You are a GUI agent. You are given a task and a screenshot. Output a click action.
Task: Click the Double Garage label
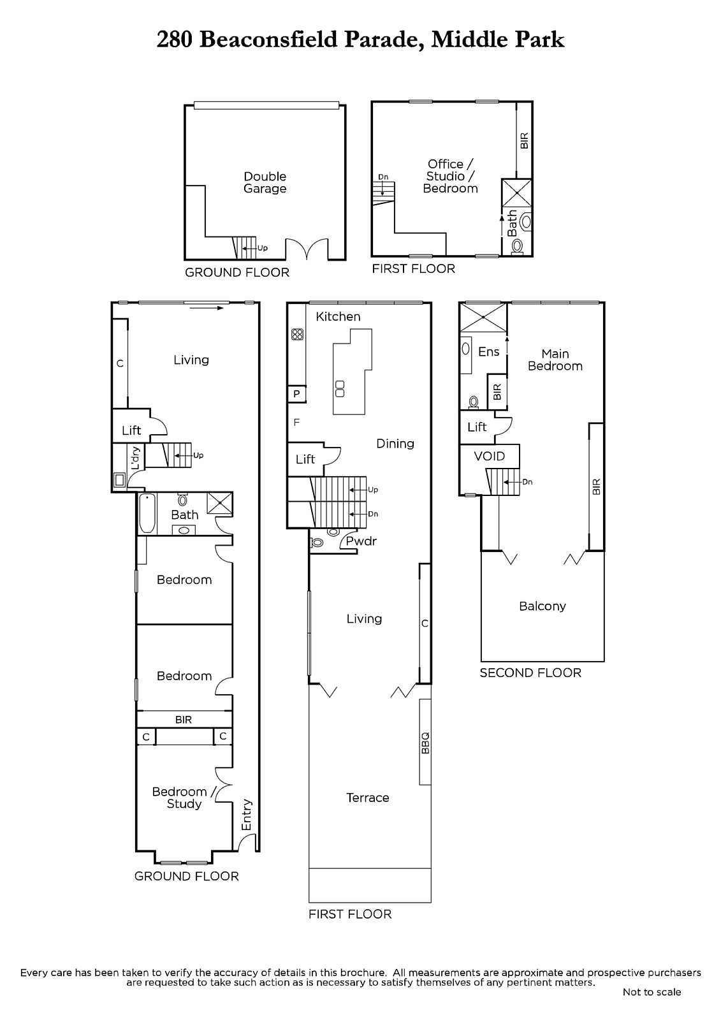265,182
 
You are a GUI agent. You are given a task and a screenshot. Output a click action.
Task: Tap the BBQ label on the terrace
425,743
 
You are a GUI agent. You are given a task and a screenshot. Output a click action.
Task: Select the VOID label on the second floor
489,456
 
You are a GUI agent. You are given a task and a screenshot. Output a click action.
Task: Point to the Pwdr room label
361,541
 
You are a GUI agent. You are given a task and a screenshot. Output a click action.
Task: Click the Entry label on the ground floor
247,815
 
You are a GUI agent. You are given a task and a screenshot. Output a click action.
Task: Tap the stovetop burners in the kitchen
298,335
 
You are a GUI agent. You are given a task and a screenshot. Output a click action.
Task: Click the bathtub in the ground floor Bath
147,513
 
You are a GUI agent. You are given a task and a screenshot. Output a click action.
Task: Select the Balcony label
543,606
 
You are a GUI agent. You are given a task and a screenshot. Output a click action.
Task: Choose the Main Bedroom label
555,360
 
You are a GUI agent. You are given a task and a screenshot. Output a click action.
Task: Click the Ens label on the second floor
489,351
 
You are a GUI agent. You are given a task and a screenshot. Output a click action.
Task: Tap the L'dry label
135,458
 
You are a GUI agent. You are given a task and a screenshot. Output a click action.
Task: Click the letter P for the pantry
296,394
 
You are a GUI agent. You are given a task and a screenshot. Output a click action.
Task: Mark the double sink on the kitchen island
340,388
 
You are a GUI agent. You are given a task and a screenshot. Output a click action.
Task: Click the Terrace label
368,798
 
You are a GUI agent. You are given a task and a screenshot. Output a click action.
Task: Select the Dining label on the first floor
395,444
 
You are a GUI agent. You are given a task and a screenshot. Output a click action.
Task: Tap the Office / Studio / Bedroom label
451,176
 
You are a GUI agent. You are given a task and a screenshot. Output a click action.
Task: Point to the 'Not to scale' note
652,992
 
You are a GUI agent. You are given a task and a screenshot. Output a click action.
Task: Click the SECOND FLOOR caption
530,673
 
